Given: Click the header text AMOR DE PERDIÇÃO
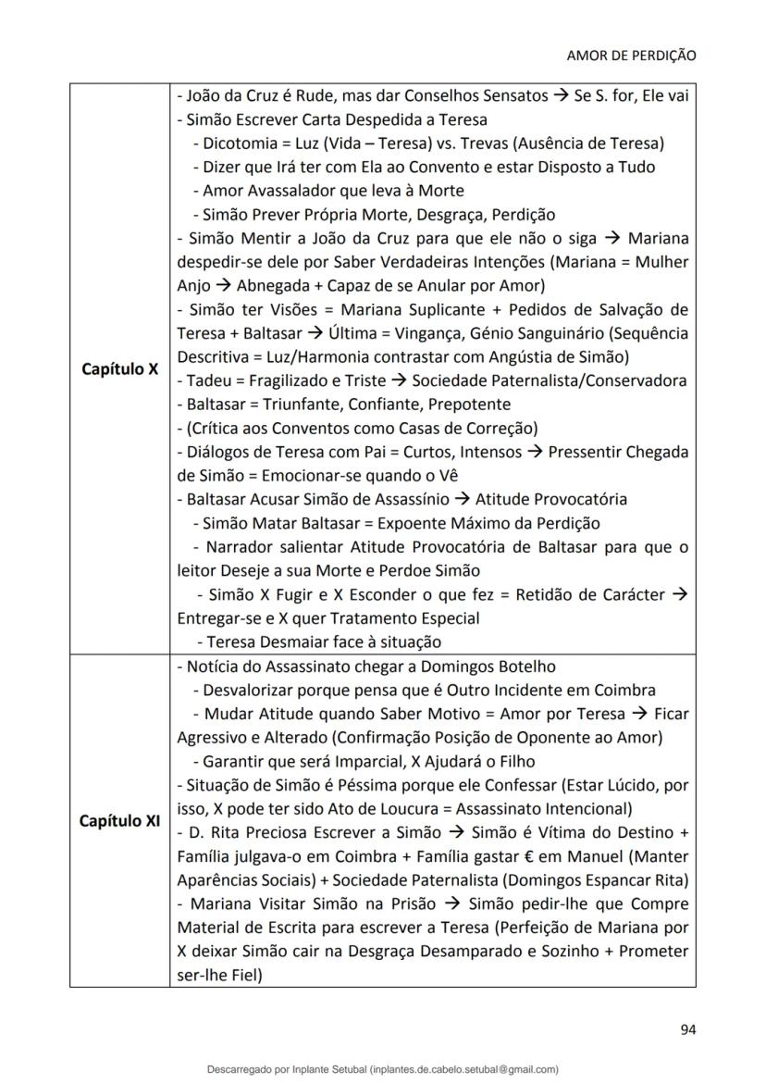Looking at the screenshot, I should click(631, 56).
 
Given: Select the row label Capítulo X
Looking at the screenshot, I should click(119, 368).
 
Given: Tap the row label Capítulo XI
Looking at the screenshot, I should click(119, 820).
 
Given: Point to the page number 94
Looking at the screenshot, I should click(687, 1029).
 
